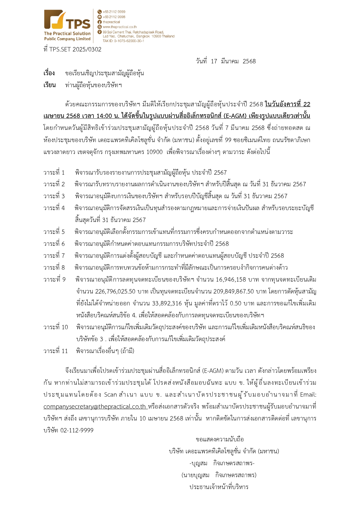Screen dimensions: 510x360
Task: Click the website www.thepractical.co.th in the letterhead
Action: (x=119, y=27)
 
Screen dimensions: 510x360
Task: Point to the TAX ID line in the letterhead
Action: (x=123, y=41)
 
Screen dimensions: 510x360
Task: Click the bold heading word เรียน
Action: (x=49, y=85)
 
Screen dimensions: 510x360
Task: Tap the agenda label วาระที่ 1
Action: (x=54, y=173)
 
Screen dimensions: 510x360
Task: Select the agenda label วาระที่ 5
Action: (x=54, y=232)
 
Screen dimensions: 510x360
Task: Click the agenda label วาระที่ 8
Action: (x=54, y=268)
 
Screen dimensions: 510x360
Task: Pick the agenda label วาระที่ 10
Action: (x=55, y=327)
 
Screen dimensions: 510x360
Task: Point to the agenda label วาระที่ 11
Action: (x=55, y=351)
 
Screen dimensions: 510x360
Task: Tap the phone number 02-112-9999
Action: (x=77, y=430)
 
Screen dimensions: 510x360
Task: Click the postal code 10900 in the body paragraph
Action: (x=154, y=152)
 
